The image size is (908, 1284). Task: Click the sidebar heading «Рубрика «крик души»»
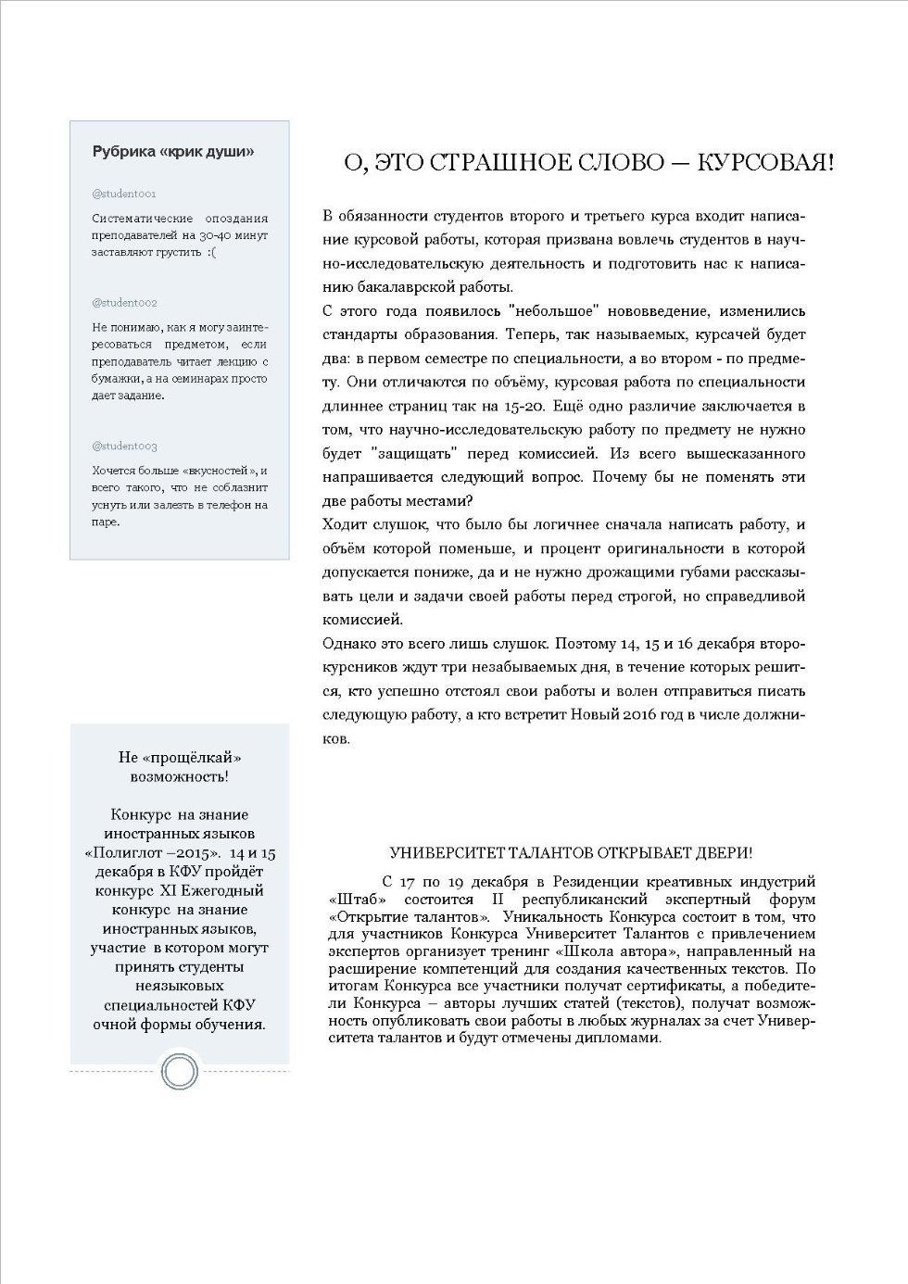(173, 152)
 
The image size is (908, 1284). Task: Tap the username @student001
(124, 194)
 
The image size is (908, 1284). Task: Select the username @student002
(125, 303)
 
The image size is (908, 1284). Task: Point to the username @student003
(125, 447)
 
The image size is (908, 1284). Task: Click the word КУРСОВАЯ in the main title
(764, 163)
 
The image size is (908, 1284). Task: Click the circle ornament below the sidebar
(179, 1072)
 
